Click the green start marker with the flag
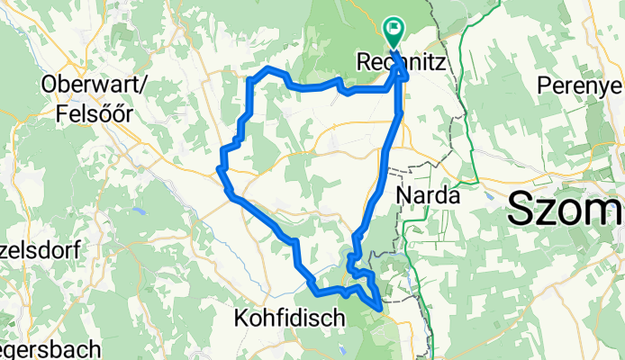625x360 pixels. tap(394, 32)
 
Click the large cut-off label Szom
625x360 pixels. tap(566, 211)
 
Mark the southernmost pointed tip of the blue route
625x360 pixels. tap(381, 310)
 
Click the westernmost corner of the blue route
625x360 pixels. tap(219, 166)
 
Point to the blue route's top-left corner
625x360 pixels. tap(249, 79)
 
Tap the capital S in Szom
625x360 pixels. tap(524, 211)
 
